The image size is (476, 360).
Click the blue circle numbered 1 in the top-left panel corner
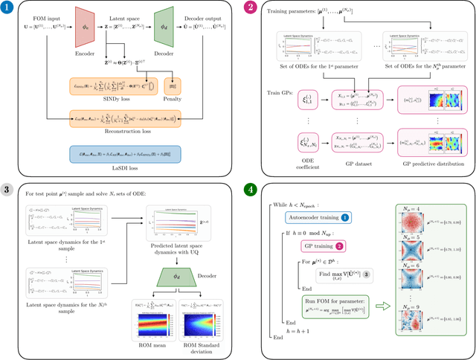(8, 9)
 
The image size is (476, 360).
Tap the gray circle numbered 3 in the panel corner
(8, 189)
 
